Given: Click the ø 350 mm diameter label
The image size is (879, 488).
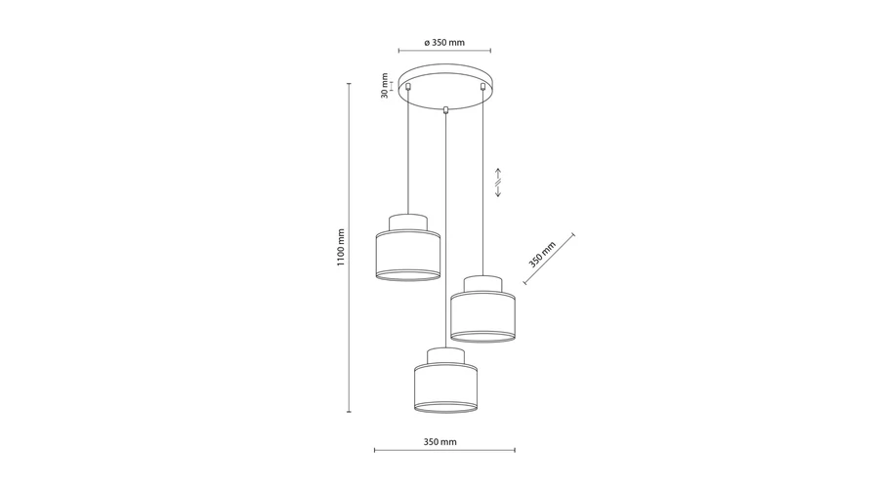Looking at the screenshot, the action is [444, 43].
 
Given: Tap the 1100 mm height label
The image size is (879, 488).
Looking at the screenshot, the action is [341, 248].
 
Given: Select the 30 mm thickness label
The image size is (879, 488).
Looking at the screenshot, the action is [385, 86].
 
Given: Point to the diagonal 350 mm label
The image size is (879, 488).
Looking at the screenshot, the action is [542, 255].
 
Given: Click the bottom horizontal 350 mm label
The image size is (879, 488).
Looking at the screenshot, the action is [440, 442].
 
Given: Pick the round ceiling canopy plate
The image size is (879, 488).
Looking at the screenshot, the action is [445, 87].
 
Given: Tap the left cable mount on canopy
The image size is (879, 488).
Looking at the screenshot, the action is [408, 86].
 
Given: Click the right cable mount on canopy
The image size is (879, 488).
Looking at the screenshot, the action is [482, 86].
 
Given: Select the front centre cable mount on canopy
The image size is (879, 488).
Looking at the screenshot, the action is [445, 110].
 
